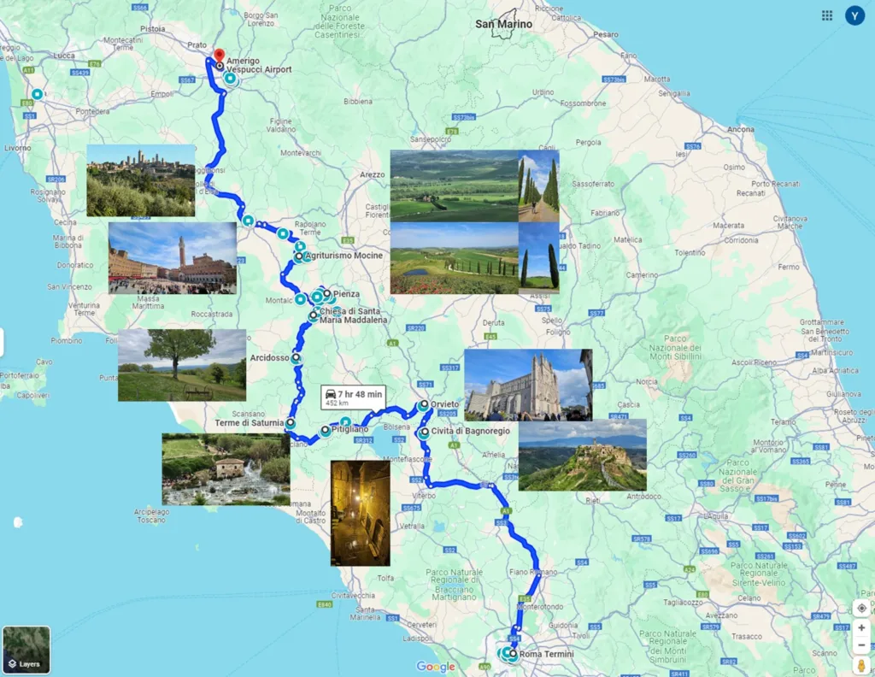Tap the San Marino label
click(503, 24)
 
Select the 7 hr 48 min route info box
click(353, 397)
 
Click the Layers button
click(26, 651)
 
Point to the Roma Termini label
click(546, 655)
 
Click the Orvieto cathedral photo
click(528, 385)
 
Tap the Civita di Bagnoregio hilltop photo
click(582, 456)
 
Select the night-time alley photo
click(360, 513)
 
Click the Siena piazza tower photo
click(173, 258)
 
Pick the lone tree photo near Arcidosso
click(182, 365)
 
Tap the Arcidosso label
click(270, 358)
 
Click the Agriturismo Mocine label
click(344, 256)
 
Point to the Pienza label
click(347, 293)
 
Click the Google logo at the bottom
click(436, 667)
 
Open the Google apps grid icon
click(827, 15)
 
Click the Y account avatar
click(854, 15)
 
